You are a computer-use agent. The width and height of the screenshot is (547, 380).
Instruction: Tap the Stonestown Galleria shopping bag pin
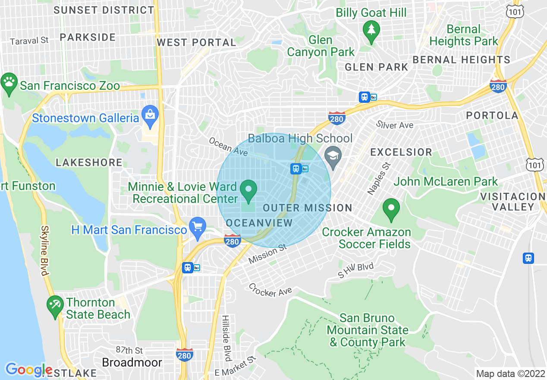150,115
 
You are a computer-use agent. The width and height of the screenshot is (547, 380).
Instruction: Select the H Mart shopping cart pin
198,227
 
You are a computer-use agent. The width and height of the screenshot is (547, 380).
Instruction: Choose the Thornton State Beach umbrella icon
55,306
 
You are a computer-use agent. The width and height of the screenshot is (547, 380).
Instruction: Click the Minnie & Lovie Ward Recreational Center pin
248,190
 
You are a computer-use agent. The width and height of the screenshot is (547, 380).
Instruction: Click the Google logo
29,369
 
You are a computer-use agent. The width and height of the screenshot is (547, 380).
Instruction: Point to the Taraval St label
29,41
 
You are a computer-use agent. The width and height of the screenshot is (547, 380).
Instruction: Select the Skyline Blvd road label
44,250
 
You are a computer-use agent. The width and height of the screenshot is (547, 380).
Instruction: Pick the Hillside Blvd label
226,338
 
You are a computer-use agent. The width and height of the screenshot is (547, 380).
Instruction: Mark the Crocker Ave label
270,290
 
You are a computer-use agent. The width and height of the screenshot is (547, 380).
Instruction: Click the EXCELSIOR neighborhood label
401,152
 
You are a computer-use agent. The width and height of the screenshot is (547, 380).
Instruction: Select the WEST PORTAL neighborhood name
196,42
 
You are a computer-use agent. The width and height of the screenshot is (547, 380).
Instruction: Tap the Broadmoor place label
132,362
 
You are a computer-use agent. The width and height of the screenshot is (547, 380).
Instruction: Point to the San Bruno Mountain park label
368,330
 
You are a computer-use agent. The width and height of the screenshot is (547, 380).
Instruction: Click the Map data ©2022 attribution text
510,373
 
